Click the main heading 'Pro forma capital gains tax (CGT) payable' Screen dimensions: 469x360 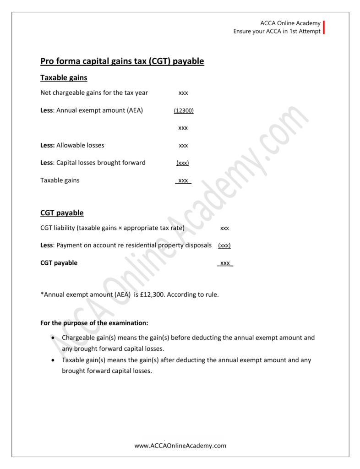point(122,61)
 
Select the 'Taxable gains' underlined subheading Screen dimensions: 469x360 point(64,78)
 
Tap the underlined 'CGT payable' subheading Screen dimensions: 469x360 point(62,213)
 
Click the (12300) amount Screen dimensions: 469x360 point(183,110)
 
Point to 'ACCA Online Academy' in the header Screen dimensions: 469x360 point(290,23)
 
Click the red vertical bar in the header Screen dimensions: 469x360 point(324,27)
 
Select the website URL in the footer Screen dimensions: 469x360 point(180,445)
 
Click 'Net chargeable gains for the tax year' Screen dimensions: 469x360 point(94,93)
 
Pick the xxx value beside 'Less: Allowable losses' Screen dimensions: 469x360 point(183,146)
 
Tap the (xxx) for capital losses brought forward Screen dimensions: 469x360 point(183,163)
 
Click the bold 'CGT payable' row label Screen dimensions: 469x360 point(59,263)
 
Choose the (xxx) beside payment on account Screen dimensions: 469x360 point(224,245)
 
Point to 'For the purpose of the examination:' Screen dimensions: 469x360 point(94,323)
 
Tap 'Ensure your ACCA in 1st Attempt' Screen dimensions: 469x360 point(277,32)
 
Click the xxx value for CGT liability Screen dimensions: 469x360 point(224,228)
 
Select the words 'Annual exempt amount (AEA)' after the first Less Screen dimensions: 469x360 point(99,110)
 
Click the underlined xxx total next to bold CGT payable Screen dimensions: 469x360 point(224,263)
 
